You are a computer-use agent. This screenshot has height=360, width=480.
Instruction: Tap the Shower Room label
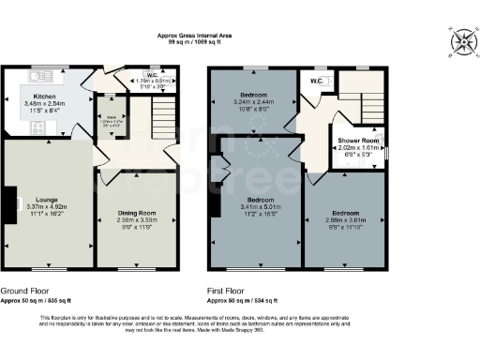click(x=357, y=141)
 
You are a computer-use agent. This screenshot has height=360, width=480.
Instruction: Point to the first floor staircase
click(x=357, y=99)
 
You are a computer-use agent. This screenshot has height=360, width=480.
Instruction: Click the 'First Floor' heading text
click(x=229, y=292)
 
